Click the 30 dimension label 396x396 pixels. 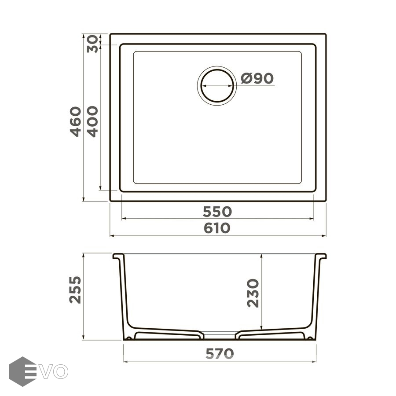(92, 44)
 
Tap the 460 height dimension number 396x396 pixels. (76, 122)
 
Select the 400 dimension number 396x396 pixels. (92, 122)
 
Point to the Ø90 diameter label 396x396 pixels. (257, 78)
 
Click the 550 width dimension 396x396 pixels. (217, 212)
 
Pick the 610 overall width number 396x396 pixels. (217, 228)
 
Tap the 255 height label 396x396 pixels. (75, 290)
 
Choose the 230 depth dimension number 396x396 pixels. (253, 293)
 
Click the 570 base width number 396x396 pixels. (220, 354)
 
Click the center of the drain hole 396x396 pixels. (217, 86)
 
